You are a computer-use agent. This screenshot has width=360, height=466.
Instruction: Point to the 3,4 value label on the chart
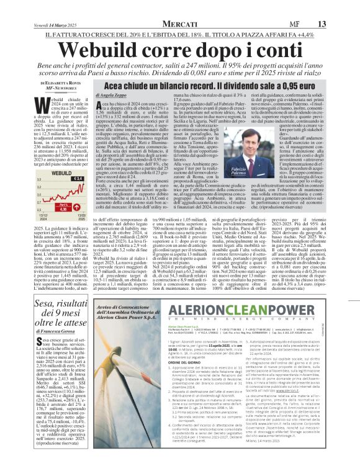78,179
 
